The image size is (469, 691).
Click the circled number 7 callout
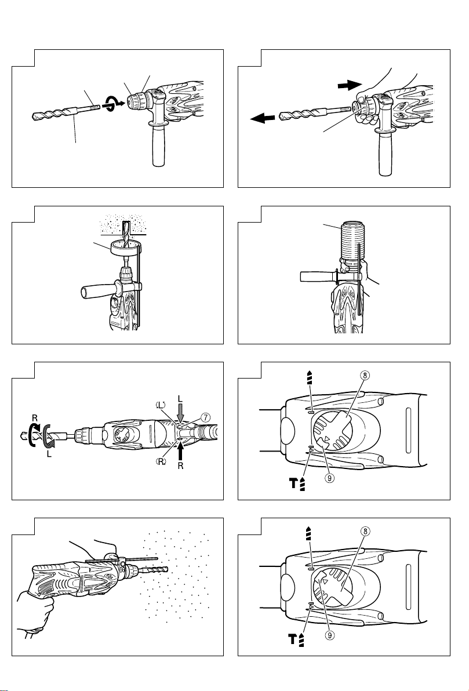coord(205,417)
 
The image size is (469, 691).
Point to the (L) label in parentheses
coord(160,404)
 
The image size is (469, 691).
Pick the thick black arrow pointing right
coord(350,85)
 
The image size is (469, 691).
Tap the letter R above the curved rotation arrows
coord(35,417)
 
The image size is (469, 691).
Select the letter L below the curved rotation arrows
coord(49,453)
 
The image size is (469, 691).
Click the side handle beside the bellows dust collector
coord(318,277)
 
